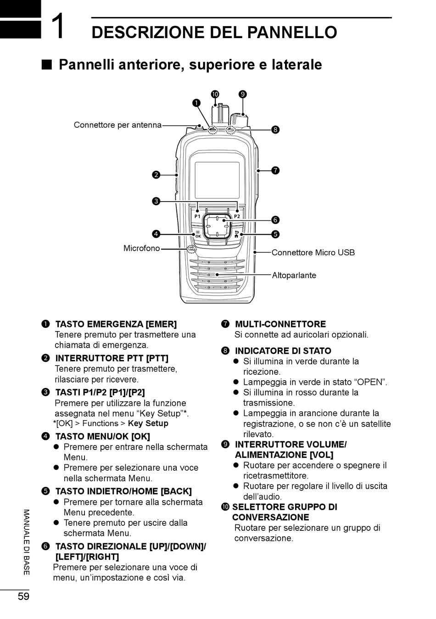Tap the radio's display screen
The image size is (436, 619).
[217, 180]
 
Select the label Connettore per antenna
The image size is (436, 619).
[117, 125]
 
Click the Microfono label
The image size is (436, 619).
[141, 248]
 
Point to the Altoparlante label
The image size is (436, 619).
[294, 276]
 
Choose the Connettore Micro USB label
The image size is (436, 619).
[313, 253]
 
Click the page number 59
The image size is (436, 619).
[23, 596]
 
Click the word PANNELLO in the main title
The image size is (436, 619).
[292, 33]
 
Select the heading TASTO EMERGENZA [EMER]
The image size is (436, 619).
[116, 324]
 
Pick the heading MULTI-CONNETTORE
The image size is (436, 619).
[280, 324]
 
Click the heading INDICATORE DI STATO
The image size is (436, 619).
[283, 351]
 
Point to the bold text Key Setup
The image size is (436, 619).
[148, 423]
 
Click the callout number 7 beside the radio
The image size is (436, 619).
[275, 170]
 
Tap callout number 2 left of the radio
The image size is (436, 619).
[156, 174]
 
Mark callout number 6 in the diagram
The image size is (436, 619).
[275, 220]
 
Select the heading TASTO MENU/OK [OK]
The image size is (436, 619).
[102, 436]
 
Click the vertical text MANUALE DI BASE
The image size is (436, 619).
[26, 542]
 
